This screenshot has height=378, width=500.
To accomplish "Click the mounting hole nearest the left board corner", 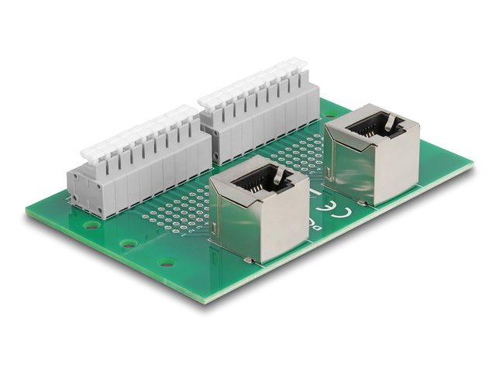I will click(92, 225).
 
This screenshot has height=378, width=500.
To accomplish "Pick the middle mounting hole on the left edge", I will click(129, 243).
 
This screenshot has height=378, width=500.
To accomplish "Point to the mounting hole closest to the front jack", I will click(167, 262).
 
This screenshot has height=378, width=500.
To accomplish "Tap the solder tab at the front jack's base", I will click(247, 259).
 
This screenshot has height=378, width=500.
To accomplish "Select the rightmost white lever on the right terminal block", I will click(299, 66).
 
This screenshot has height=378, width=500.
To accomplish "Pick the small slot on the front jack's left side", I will click(214, 232).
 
